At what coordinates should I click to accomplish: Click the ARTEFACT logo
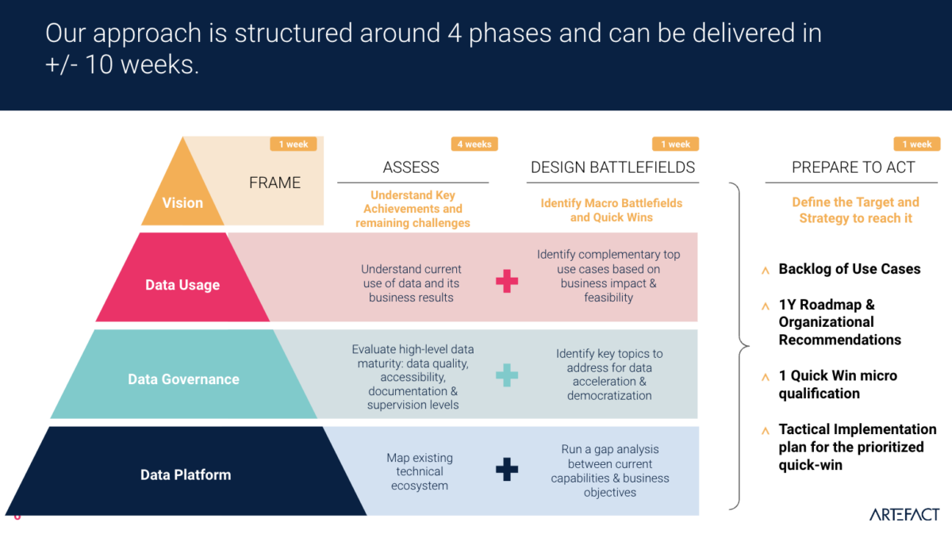[x=904, y=514]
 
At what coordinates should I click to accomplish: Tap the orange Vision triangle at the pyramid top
[x=183, y=194]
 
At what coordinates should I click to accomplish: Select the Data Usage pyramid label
[x=182, y=285]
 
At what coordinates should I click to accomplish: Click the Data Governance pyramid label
[x=183, y=379]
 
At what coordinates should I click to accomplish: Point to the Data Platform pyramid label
[x=186, y=474]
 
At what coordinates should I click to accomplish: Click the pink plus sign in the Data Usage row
[x=506, y=282]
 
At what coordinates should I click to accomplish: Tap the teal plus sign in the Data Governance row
[x=506, y=375]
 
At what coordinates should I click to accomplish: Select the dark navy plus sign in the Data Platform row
[x=506, y=470]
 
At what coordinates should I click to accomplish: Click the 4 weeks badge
[x=474, y=144]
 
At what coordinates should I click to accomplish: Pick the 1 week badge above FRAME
[x=294, y=144]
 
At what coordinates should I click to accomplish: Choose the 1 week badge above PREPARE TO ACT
[x=916, y=144]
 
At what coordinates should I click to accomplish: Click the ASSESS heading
[x=411, y=167]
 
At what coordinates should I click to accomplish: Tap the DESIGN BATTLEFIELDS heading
[x=612, y=167]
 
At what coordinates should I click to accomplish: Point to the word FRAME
[x=274, y=182]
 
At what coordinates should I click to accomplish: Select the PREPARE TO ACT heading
[x=853, y=167]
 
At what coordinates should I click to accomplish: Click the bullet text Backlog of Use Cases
[x=850, y=269]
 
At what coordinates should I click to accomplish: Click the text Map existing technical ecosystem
[x=420, y=471]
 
